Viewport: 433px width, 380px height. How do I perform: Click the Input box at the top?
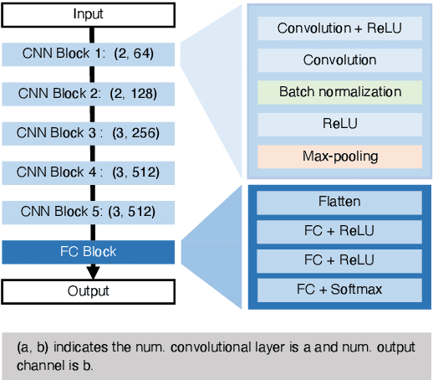pos(89,14)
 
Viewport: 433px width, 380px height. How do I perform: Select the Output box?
pos(89,291)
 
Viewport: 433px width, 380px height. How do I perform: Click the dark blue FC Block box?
pos(89,251)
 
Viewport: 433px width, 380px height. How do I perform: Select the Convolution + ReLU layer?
pos(339,28)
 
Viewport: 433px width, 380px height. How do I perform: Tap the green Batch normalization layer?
pos(339,91)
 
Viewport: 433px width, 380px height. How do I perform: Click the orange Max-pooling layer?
pos(339,156)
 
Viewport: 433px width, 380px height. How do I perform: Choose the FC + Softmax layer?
pos(339,290)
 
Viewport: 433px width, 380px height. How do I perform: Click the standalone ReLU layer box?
pos(339,124)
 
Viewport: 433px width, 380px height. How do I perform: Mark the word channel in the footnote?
pos(34,365)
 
